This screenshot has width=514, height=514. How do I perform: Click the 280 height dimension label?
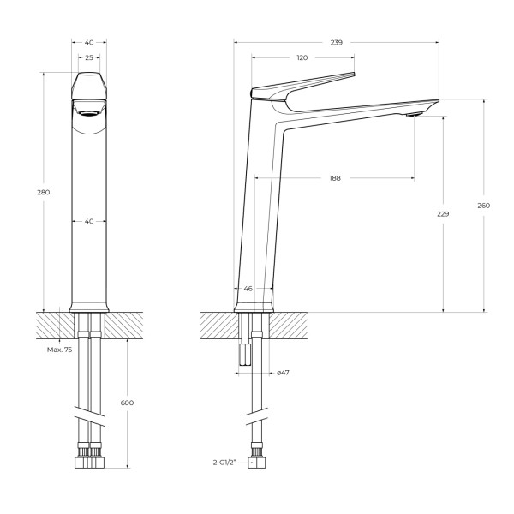pos(44,192)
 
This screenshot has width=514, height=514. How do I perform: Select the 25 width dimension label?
pos(88,58)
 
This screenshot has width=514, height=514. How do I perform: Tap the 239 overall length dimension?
pos(337,40)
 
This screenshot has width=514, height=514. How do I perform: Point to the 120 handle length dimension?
pos(302,58)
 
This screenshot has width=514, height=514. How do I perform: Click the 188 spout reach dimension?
pos(335,178)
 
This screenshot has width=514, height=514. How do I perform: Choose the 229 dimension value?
pos(442,213)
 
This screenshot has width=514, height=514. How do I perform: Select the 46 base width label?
pos(248,289)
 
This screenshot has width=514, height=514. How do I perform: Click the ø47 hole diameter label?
pos(282,372)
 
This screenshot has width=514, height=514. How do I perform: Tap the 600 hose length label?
pos(128,403)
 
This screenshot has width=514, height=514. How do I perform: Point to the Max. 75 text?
pos(59,350)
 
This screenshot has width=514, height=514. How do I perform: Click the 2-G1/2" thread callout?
pos(229,463)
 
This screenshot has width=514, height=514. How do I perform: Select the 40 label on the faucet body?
pos(88,221)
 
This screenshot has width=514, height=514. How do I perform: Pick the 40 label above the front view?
pos(88,41)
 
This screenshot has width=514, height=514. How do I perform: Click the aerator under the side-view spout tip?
pos(414,113)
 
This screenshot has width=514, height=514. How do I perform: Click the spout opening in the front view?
pos(88,109)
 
